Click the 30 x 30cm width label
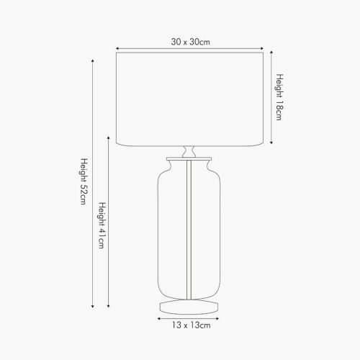pyautogui.click(x=190, y=41)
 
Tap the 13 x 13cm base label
pyautogui.click(x=190, y=326)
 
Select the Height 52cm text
pyautogui.click(x=84, y=184)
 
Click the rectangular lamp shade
pyautogui.click(x=190, y=97)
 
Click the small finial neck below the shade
pyautogui.click(x=190, y=152)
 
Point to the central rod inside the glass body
pyautogui.click(x=190, y=230)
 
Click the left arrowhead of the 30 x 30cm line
pyautogui.click(x=117, y=50)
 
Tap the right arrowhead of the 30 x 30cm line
pyautogui.click(x=263, y=50)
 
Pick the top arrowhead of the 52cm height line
pyautogui.click(x=92, y=61)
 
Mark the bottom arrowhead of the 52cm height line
pyautogui.click(x=92, y=307)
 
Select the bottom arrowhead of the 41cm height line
pyautogui.click(x=109, y=307)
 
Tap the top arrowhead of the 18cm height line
pyautogui.click(x=271, y=53)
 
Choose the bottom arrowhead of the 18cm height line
pyautogui.click(x=271, y=142)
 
